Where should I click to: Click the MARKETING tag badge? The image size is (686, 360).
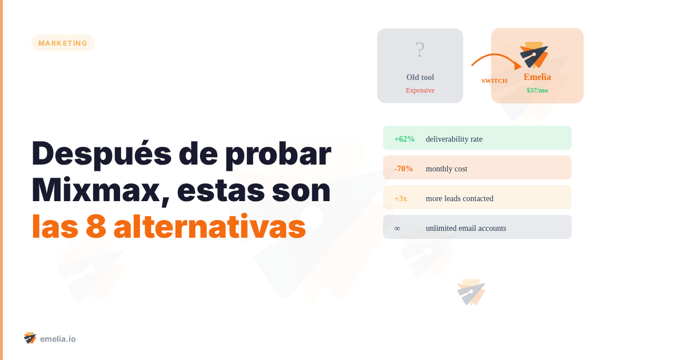pyautogui.click(x=63, y=43)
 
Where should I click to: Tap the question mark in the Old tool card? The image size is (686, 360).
pyautogui.click(x=420, y=50)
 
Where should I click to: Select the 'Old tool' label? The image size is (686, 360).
pyautogui.click(x=420, y=77)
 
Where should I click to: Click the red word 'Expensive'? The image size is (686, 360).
pyautogui.click(x=420, y=90)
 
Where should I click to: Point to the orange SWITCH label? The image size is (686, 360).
pyautogui.click(x=494, y=81)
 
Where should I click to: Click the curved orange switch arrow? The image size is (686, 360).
pyautogui.click(x=494, y=58)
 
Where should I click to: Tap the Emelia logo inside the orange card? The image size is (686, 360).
pyautogui.click(x=535, y=54)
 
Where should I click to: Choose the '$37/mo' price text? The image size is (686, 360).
pyautogui.click(x=537, y=90)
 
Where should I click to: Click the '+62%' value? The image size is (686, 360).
pyautogui.click(x=404, y=139)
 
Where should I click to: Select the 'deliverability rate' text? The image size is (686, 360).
pyautogui.click(x=454, y=139)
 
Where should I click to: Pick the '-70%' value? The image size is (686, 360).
pyautogui.click(x=404, y=169)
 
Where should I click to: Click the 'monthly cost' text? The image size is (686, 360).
pyautogui.click(x=446, y=169)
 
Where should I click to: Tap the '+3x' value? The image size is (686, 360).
pyautogui.click(x=401, y=198)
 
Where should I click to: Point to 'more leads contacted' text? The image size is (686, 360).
pyautogui.click(x=460, y=198)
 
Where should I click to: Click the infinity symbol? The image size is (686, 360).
pyautogui.click(x=397, y=228)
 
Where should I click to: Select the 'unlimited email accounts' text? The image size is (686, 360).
pyautogui.click(x=466, y=228)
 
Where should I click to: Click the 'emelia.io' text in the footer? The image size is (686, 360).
pyautogui.click(x=58, y=339)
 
